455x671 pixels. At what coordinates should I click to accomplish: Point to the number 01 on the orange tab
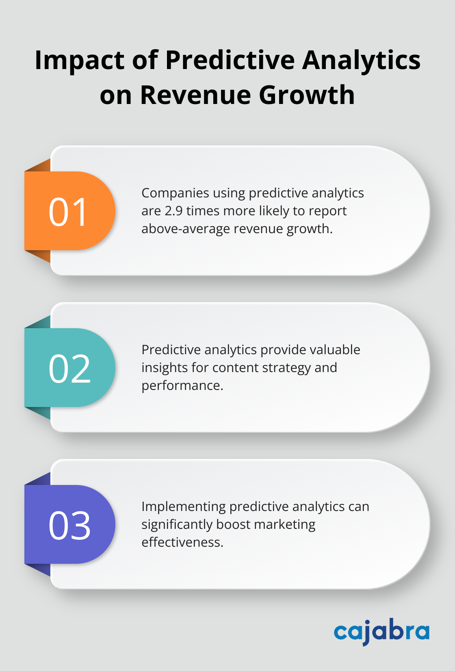pos(68,212)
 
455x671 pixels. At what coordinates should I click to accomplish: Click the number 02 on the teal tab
pos(69,369)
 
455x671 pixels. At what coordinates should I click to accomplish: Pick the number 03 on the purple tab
pos(69,526)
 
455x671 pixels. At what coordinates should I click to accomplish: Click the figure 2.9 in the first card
pos(174,211)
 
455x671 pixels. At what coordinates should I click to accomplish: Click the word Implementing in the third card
pos(183,507)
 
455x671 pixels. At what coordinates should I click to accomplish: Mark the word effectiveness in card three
pos(182,542)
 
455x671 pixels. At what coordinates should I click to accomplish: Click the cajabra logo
pos(381,631)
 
